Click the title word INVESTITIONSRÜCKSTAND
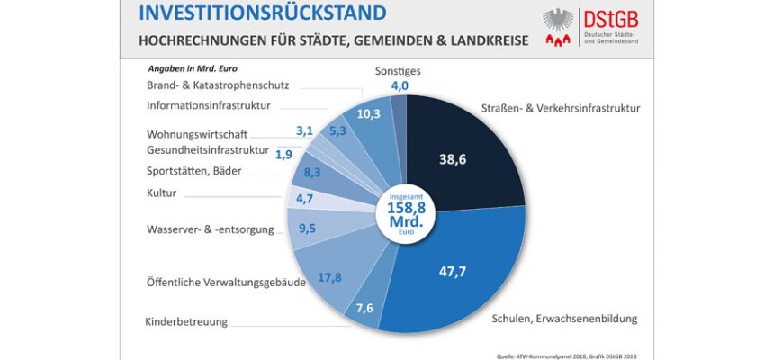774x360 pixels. tap(263, 13)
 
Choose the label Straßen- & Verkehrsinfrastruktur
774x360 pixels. tap(560, 108)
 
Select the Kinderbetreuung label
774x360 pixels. tap(187, 321)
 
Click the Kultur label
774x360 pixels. tap(161, 192)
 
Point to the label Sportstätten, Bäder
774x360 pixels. tap(193, 170)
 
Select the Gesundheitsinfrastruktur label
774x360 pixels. tap(208, 148)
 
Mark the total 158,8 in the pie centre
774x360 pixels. tap(405, 208)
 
